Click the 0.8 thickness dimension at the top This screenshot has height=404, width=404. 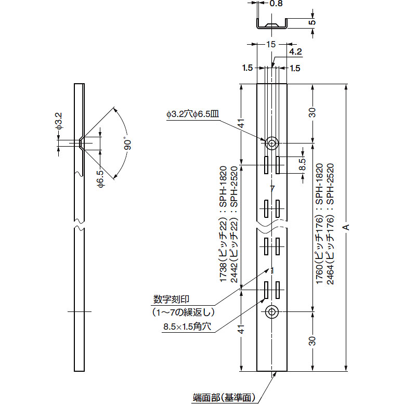(x=276, y=3)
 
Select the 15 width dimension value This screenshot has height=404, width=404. (x=271, y=45)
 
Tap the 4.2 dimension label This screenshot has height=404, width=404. (x=295, y=52)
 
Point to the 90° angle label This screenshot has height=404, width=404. (x=127, y=144)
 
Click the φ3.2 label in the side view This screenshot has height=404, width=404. (x=59, y=121)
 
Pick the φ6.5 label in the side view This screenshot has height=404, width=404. (x=101, y=179)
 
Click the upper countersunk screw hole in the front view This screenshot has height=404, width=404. (x=272, y=143)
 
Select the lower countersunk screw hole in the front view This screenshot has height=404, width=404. (x=272, y=312)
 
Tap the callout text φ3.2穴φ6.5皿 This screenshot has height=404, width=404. (x=193, y=114)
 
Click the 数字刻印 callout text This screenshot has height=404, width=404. (x=172, y=299)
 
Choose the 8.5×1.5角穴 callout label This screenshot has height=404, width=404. (x=187, y=327)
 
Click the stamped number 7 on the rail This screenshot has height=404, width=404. (x=272, y=189)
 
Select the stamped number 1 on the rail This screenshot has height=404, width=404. (x=272, y=271)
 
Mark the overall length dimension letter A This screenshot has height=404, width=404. (x=346, y=227)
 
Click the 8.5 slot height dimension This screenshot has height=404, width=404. (x=303, y=164)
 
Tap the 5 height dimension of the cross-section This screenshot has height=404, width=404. (x=312, y=22)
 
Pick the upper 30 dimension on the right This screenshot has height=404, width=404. (x=312, y=113)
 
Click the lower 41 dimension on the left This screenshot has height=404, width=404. (x=241, y=329)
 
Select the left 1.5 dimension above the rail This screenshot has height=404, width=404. (x=247, y=68)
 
